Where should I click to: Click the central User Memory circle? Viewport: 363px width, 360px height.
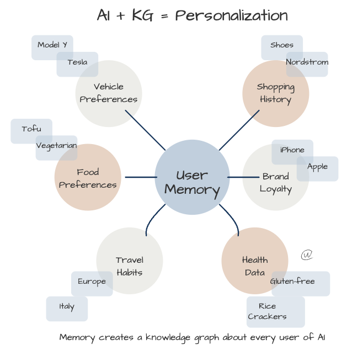[192, 177]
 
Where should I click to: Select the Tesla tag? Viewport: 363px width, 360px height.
[77, 63]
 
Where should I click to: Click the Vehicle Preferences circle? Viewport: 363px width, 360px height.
[109, 93]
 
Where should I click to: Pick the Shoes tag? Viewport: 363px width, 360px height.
[281, 45]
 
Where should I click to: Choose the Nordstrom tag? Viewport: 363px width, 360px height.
[307, 63]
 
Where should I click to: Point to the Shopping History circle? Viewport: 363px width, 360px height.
[275, 93]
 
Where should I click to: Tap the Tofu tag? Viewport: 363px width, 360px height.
[31, 130]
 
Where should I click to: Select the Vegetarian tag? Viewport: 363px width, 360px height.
[56, 146]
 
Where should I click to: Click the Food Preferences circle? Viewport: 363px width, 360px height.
[88, 178]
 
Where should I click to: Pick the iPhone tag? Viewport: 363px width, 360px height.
[292, 151]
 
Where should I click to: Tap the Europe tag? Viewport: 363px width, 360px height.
[92, 282]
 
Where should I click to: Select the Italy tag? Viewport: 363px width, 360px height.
[67, 308]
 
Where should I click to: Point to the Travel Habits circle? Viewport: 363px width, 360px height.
[130, 261]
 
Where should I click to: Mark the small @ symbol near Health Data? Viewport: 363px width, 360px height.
[307, 255]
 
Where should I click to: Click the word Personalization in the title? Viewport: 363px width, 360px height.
[231, 15]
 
